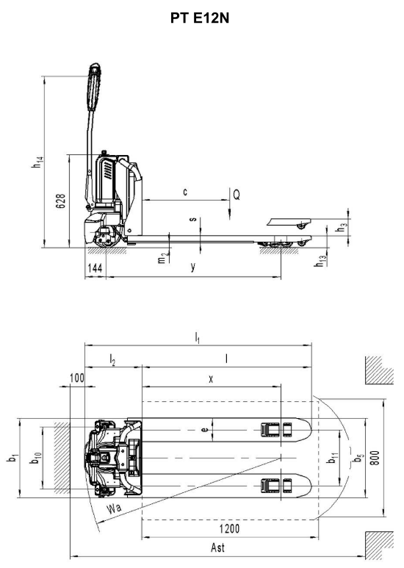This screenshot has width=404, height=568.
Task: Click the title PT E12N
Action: tap(200, 18)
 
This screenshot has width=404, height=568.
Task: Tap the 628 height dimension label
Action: tap(60, 201)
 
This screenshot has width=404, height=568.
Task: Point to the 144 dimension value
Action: tap(95, 268)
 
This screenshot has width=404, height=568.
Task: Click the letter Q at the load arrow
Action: tap(237, 195)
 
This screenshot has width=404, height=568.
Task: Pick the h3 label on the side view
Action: tap(342, 229)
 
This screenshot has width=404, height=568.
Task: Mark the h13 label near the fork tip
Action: tap(320, 261)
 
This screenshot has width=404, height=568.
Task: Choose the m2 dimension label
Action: tap(162, 258)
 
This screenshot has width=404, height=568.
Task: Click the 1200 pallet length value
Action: tap(229, 529)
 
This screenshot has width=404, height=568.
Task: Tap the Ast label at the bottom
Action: tap(217, 547)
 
